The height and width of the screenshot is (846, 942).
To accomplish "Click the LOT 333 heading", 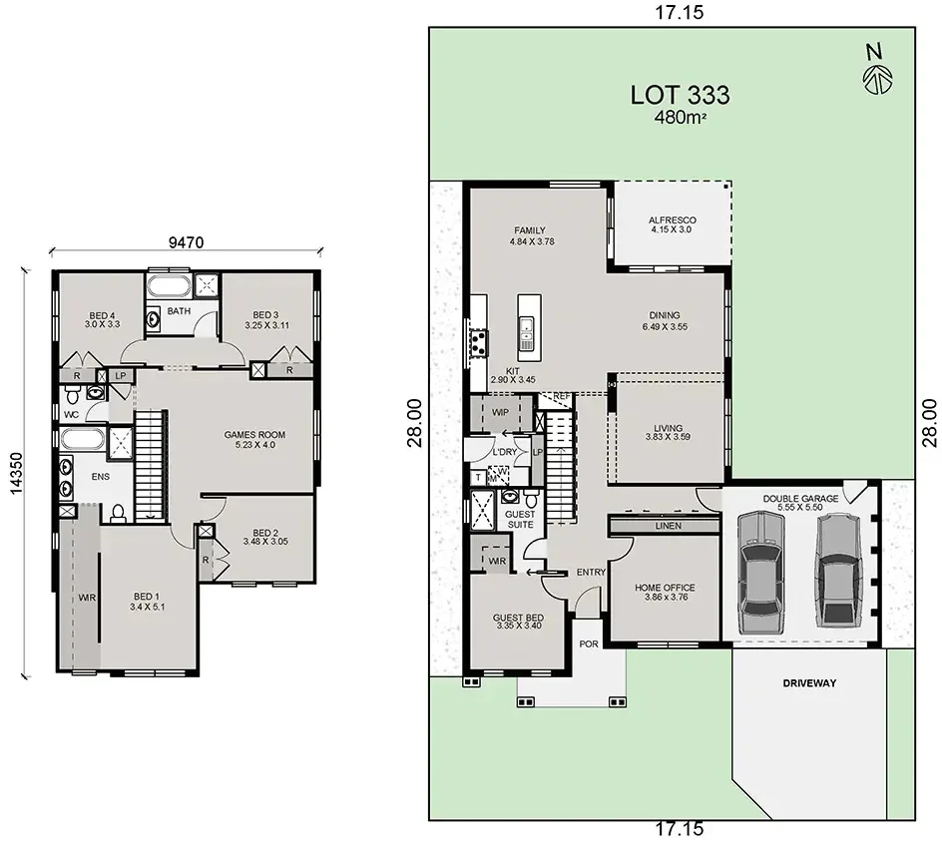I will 680,95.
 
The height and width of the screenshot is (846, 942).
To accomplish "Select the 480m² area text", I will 680,119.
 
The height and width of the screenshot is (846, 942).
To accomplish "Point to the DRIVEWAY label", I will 809,683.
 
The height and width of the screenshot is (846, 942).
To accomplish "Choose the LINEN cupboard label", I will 668,525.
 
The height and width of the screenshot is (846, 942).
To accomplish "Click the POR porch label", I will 589,643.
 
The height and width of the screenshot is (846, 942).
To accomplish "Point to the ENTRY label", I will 591,572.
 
